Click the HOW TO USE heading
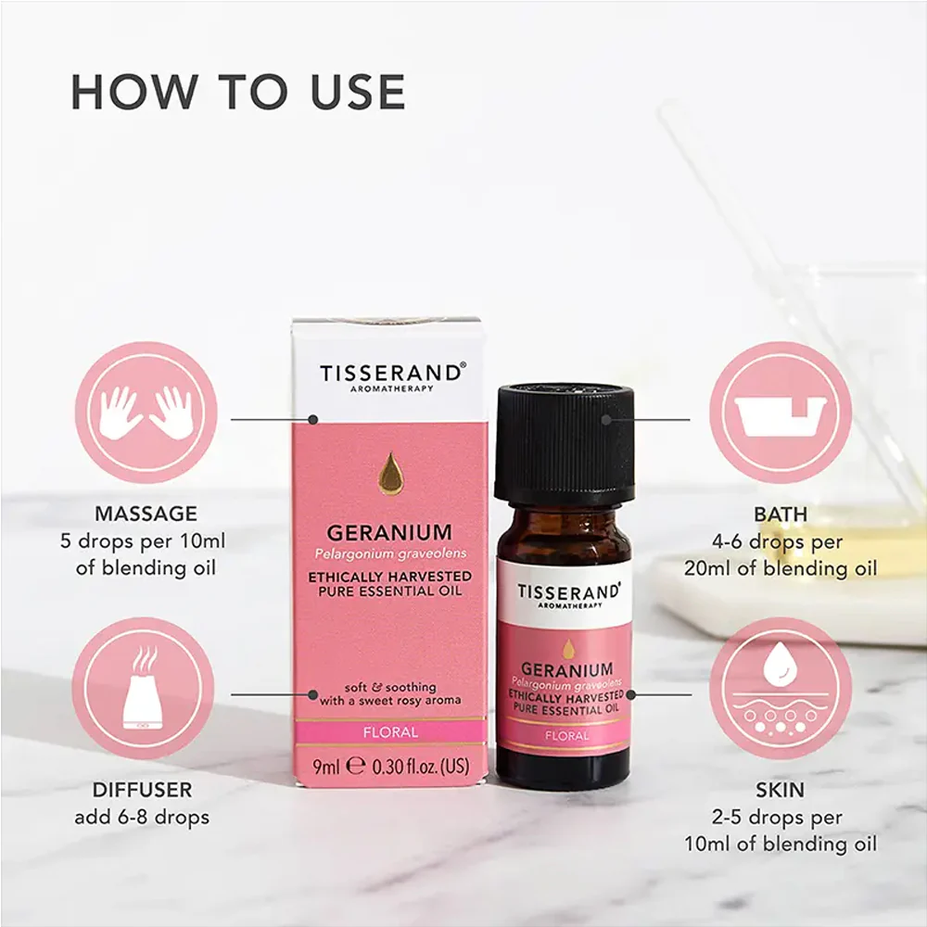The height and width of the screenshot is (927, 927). tap(237, 92)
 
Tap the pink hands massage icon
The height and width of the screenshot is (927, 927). tap(146, 413)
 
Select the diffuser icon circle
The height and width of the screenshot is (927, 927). tap(143, 688)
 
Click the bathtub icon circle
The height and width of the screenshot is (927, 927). tap(781, 413)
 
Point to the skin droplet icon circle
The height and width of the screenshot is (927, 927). tap(781, 688)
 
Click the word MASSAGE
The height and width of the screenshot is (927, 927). tap(146, 514)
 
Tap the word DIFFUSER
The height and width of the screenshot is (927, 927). tap(143, 790)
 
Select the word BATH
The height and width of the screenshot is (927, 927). tap(781, 514)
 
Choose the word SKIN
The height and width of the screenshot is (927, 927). tap(781, 790)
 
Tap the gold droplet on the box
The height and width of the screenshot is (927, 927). tap(389, 473)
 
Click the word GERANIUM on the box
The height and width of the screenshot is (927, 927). tap(389, 533)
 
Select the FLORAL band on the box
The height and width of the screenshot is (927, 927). tap(390, 732)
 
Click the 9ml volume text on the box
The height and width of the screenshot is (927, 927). tap(326, 767)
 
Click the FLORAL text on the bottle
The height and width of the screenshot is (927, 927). tap(567, 736)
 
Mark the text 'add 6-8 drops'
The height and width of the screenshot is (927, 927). tap(142, 818)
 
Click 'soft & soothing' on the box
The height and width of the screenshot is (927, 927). tap(390, 687)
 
